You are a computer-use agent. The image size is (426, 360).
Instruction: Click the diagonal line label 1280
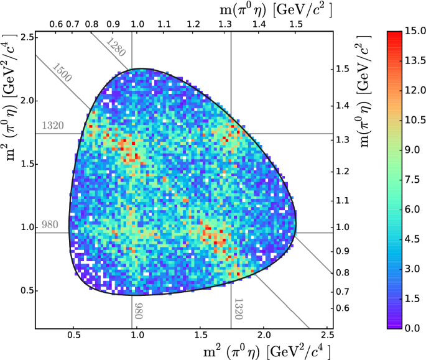point(116,47)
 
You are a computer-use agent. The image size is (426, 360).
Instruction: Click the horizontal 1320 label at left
point(53,126)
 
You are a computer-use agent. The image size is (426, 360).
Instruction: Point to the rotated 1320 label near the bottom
point(238,308)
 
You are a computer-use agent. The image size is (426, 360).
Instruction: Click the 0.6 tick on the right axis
point(343,308)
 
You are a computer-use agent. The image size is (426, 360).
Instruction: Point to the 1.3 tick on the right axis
point(343,140)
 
